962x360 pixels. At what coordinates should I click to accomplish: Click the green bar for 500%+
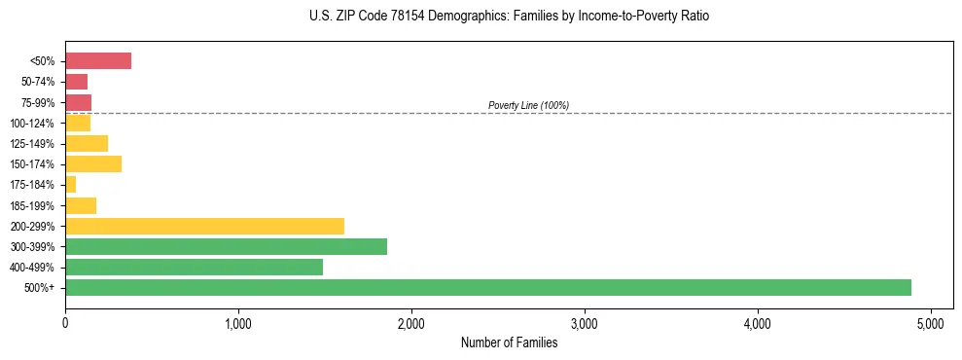pos(487,287)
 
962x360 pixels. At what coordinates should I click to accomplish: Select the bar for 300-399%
pos(226,246)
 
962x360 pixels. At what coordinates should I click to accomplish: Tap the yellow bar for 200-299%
pos(204,226)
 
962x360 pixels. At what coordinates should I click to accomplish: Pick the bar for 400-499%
pos(194,267)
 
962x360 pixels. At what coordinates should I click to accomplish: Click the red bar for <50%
pos(98,61)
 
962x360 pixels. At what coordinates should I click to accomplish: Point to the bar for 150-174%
pos(93,163)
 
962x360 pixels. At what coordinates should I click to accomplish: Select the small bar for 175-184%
pos(70,184)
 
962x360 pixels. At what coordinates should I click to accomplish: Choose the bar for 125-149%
pos(87,143)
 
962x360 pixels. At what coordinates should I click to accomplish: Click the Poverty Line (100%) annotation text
pos(528,105)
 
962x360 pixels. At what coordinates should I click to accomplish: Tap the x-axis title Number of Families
pos(509,342)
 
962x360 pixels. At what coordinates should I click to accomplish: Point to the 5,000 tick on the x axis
pos(930,323)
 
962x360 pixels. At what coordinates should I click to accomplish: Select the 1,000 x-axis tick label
pos(237,323)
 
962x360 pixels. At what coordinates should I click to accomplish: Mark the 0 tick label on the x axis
pos(65,323)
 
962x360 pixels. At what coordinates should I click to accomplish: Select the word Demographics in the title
pos(437,17)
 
